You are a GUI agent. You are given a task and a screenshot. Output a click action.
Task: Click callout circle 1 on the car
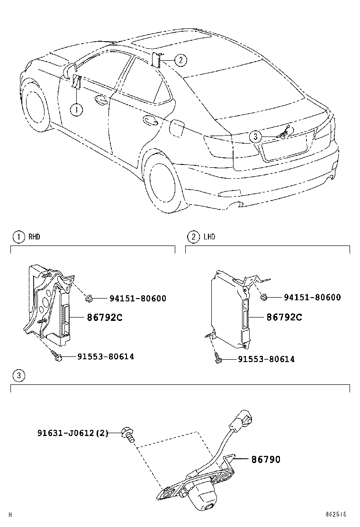click(76, 109)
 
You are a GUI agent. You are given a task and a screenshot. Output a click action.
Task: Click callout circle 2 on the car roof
click(180, 60)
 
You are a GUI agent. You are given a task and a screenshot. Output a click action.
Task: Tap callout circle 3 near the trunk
click(256, 136)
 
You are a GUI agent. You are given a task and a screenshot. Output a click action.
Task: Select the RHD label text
click(34, 237)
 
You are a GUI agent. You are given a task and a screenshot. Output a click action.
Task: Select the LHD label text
click(209, 237)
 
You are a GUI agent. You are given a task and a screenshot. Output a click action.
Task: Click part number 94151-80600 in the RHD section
click(138, 298)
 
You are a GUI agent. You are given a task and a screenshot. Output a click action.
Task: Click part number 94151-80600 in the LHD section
click(312, 297)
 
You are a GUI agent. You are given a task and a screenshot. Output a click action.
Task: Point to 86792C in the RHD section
click(105, 317)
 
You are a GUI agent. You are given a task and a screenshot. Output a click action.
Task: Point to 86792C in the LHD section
click(284, 317)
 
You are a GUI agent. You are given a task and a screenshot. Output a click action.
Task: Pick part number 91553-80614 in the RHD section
click(106, 356)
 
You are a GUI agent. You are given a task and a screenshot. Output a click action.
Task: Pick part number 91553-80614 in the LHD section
click(266, 359)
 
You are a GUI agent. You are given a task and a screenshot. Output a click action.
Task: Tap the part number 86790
click(266, 459)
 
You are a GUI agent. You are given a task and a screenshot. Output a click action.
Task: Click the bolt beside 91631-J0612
click(128, 434)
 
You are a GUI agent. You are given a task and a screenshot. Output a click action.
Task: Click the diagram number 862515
click(335, 515)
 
